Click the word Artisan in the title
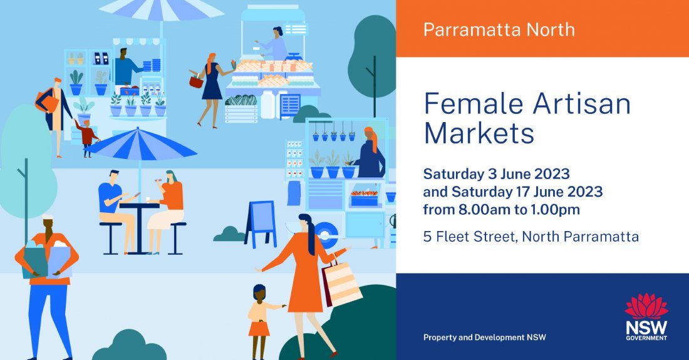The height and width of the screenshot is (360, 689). (x=581, y=104)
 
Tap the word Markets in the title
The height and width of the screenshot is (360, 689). (x=479, y=133)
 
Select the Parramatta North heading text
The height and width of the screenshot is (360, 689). (x=499, y=29)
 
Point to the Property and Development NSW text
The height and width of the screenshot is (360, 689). (x=484, y=337)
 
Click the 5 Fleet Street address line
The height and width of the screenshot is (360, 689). (x=531, y=237)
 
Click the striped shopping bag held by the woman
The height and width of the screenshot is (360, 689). (x=341, y=283)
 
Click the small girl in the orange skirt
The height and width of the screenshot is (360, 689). (x=259, y=319)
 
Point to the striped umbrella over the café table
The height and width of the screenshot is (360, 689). (x=143, y=145)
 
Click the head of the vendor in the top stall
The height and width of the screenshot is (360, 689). (x=277, y=31)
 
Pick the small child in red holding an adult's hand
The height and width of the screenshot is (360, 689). (x=87, y=136)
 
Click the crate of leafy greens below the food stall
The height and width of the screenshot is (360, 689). (x=241, y=108)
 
